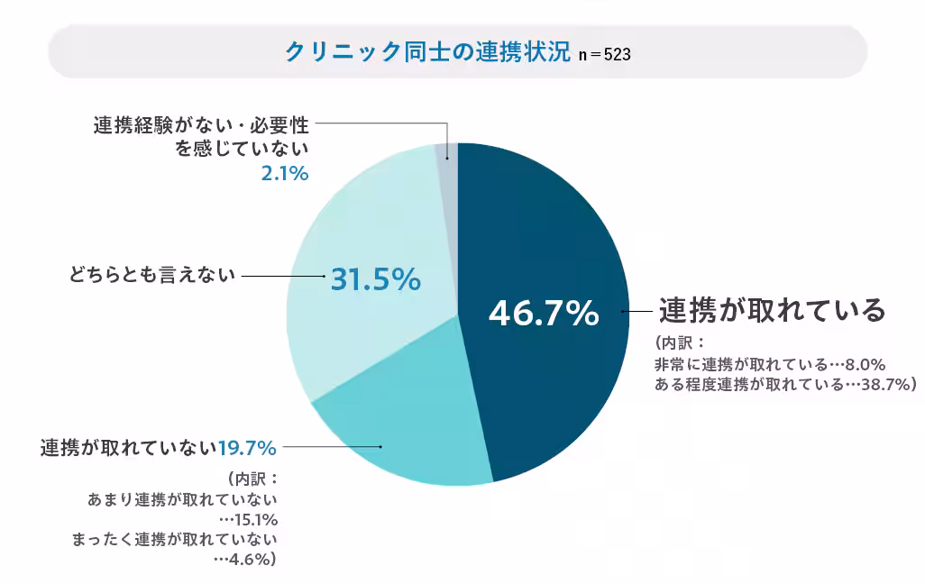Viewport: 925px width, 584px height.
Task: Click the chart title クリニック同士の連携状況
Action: click(427, 51)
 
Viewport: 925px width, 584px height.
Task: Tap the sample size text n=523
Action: click(604, 54)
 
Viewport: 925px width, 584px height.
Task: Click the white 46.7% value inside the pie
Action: click(543, 314)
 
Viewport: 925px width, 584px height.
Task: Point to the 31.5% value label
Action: click(375, 279)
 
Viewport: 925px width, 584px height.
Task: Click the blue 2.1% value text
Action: click(285, 173)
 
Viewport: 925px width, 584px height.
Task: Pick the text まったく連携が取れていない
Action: click(173, 540)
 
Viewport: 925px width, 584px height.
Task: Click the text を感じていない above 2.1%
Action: click(243, 149)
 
